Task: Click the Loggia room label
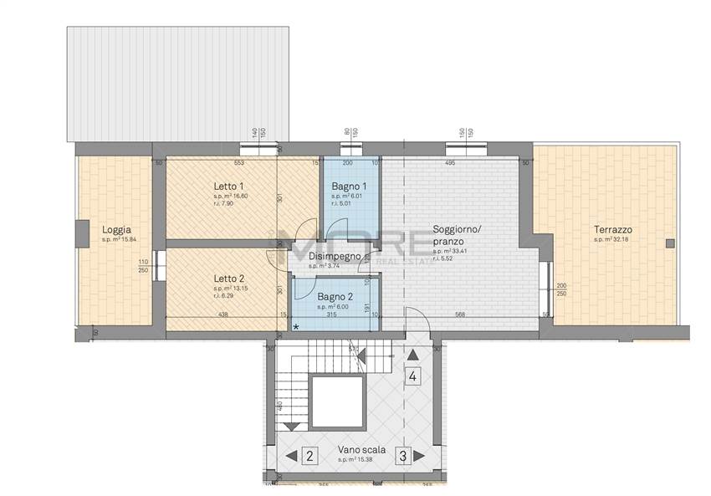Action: click(116, 230)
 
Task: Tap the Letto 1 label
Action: click(228, 186)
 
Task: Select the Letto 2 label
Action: click(228, 279)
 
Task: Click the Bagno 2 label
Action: click(335, 297)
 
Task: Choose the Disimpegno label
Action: click(335, 256)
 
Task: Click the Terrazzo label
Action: click(613, 230)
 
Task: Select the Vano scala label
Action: click(361, 449)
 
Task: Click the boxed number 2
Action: click(309, 456)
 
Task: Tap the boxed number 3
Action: click(402, 456)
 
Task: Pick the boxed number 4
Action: click(412, 376)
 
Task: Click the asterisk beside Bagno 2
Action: click(295, 327)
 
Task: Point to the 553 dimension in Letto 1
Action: click(238, 163)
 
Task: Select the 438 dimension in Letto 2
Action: click(222, 315)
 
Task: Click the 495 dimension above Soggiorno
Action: click(449, 163)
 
